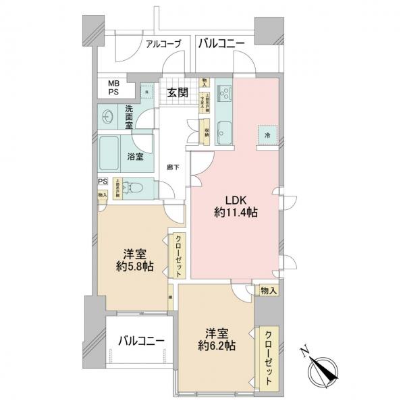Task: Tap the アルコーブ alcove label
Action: (164, 44)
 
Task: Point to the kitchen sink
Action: (225, 96)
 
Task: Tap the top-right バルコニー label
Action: (222, 44)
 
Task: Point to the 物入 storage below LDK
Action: (267, 290)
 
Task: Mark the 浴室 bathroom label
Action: (135, 157)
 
